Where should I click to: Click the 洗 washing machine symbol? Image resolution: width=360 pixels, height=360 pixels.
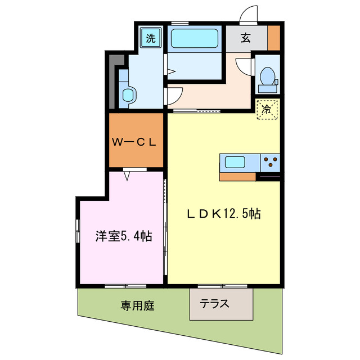coord(151,39)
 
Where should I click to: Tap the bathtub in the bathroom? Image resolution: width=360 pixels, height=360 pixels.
coord(195,39)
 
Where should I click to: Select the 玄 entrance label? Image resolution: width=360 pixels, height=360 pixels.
coord(246,39)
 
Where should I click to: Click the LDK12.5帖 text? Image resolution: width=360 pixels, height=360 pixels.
coord(223,214)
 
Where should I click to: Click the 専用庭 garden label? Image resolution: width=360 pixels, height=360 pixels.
coord(137,306)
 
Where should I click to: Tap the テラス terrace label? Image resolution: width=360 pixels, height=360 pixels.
coord(215,304)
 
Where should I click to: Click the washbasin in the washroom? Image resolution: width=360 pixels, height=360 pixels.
coord(129,94)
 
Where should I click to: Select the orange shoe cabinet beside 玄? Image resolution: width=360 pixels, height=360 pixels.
coord(273,38)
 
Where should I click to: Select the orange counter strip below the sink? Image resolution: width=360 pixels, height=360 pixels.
coord(237,177)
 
